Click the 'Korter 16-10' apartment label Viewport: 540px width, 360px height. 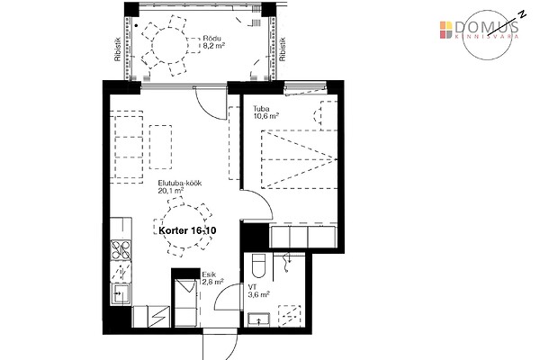187,230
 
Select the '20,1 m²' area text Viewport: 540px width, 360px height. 170,191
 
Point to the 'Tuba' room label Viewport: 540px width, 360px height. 261,109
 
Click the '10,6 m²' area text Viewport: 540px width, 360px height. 265,116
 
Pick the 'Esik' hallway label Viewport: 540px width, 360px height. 209,274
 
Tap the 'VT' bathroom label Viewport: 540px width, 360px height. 252,287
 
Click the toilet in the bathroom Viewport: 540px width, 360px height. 258,266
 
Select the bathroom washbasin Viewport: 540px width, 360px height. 259,319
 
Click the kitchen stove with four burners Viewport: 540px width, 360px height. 121,250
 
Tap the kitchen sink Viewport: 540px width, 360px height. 120,294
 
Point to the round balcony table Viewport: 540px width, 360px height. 169,45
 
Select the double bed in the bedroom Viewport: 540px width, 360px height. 300,159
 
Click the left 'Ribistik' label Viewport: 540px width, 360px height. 117,49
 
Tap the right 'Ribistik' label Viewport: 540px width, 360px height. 283,49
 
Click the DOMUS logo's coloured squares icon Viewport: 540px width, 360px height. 445,30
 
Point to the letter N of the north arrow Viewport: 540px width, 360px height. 523,13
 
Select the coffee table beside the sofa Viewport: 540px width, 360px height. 161,147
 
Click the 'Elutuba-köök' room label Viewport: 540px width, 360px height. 180,183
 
